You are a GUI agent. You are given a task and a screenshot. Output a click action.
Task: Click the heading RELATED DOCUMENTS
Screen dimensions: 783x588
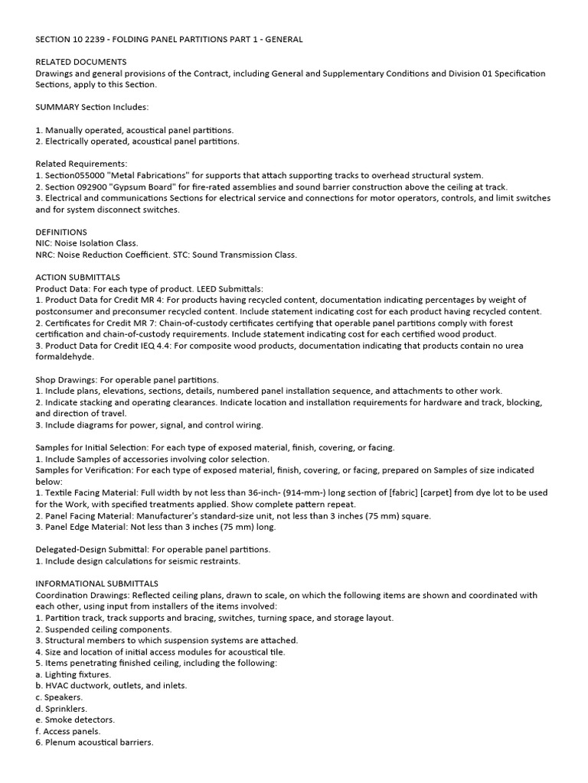(x=81, y=62)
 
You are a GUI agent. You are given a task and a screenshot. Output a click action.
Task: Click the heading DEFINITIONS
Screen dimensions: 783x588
(x=61, y=232)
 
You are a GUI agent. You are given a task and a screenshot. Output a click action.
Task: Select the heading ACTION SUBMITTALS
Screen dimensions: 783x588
(x=77, y=277)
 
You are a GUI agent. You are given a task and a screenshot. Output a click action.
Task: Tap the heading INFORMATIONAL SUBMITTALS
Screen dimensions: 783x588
(x=97, y=583)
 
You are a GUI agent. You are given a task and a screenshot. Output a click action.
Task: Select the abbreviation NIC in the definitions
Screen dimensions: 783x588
(x=44, y=243)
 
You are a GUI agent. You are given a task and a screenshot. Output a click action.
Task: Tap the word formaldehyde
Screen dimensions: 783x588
(x=65, y=356)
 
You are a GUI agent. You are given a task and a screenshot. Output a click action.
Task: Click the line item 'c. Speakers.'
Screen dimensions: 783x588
(x=60, y=697)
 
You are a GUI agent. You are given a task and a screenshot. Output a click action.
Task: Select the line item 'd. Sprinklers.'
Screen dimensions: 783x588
(x=64, y=709)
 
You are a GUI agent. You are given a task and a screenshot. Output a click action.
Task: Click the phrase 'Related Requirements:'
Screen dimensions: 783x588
(x=82, y=164)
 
